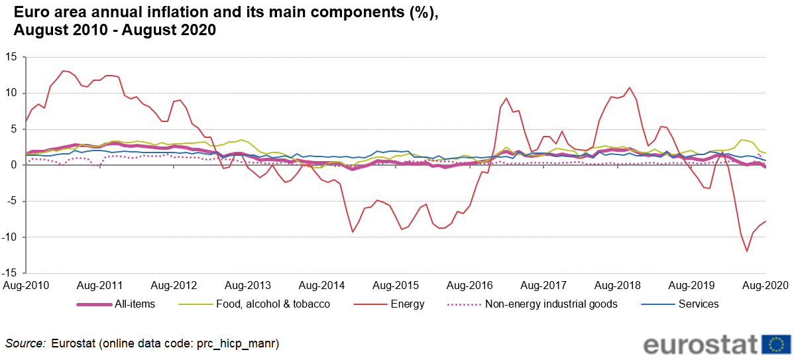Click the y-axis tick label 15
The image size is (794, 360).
(x=11, y=57)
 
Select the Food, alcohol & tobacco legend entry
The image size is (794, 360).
(x=272, y=304)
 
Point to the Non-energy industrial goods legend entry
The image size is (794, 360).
(x=551, y=304)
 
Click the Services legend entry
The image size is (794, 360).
(x=699, y=304)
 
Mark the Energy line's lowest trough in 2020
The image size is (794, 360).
(x=747, y=251)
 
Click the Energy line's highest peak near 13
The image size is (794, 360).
(x=63, y=71)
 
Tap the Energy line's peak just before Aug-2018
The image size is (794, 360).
(x=630, y=88)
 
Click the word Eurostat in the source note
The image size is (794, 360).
(x=72, y=343)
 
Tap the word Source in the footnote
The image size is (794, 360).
(x=25, y=343)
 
